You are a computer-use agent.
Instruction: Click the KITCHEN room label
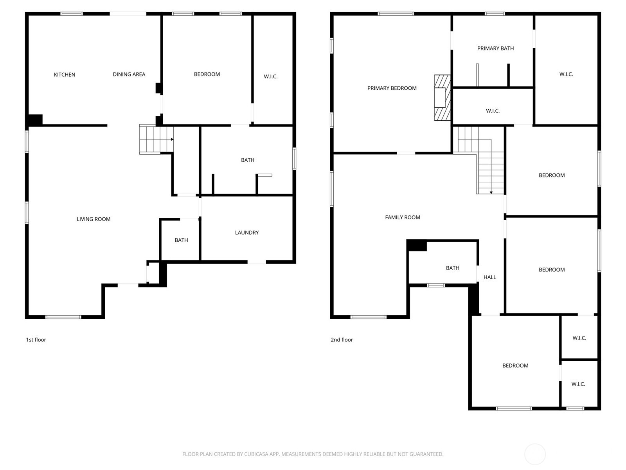(x=65, y=75)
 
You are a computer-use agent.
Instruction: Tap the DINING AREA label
(x=129, y=74)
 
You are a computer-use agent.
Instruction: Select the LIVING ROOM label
(x=94, y=219)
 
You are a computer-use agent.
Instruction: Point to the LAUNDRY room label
(x=247, y=233)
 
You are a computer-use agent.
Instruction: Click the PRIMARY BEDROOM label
(x=392, y=88)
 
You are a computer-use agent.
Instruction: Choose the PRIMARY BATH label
(x=495, y=49)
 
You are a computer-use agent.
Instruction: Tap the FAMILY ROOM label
(x=403, y=217)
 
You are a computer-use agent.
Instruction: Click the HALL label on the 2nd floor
(x=490, y=277)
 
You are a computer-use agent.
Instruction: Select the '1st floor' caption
(x=36, y=340)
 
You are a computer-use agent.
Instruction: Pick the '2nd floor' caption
(x=342, y=340)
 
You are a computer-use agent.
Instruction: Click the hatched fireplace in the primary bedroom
(x=443, y=98)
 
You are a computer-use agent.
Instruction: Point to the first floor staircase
(x=156, y=139)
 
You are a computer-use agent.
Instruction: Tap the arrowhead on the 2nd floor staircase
(x=491, y=193)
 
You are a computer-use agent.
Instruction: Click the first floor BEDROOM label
(x=207, y=74)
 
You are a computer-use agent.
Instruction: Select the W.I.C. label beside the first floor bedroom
(x=270, y=76)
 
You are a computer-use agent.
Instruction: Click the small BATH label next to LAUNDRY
(x=182, y=240)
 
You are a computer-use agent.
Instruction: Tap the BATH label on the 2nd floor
(x=453, y=268)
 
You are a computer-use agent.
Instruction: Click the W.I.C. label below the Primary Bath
(x=493, y=111)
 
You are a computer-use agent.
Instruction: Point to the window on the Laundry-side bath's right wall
(x=294, y=159)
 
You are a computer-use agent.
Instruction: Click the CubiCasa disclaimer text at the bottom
(x=313, y=454)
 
